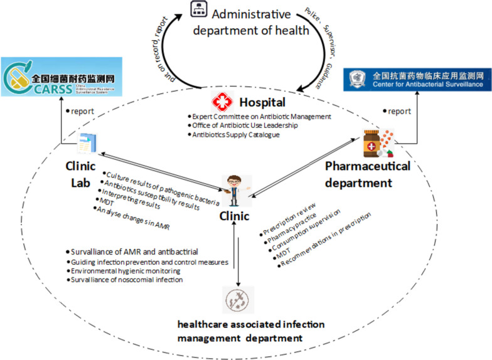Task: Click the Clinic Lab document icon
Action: [85, 143]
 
